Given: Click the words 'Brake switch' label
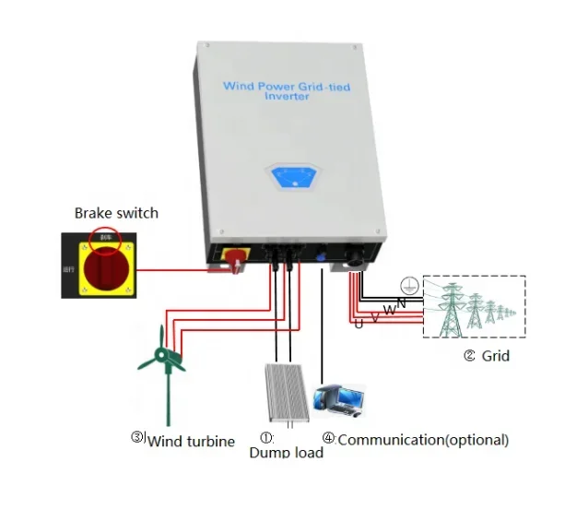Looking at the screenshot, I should coord(116,213).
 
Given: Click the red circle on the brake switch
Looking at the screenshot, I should coord(104,238).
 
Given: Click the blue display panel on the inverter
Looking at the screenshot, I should coord(291,176).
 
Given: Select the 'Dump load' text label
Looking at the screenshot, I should coord(286,453).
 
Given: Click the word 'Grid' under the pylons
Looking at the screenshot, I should coord(496,355).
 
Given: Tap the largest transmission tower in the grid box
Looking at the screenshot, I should coord(453,308).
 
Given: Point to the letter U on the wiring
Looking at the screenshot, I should coord(359,323).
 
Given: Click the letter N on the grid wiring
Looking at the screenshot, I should coord(401,303).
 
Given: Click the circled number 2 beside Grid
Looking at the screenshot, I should coord(470,355).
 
